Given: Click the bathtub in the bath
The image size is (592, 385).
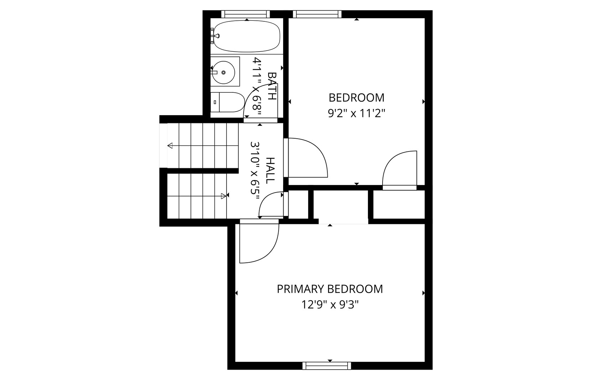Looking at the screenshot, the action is click(x=246, y=36).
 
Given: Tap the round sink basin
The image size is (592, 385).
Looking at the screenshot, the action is click(x=224, y=72).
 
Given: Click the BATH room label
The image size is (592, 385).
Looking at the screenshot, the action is click(x=272, y=86).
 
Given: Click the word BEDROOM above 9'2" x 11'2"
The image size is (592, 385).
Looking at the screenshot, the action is click(x=356, y=98).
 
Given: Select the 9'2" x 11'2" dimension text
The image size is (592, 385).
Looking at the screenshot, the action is click(x=356, y=114).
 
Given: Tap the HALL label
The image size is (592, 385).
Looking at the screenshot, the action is click(x=270, y=170).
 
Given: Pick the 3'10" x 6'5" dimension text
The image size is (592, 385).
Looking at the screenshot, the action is click(x=255, y=170).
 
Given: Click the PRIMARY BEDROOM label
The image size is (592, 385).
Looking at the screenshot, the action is click(x=330, y=289).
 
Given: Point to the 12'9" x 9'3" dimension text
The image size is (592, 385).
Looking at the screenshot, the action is click(x=330, y=305).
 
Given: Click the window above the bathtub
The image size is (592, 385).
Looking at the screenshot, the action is click(x=245, y=14).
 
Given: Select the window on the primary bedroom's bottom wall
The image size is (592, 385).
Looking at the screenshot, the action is click(x=327, y=366).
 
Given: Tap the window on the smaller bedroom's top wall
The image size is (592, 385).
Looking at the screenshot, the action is click(x=317, y=14).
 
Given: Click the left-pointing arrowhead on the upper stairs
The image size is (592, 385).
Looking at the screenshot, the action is click(x=170, y=145).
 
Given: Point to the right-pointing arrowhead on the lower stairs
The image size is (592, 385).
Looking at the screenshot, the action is click(x=224, y=196).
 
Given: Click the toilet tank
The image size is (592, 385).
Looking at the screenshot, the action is click(x=215, y=102).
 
